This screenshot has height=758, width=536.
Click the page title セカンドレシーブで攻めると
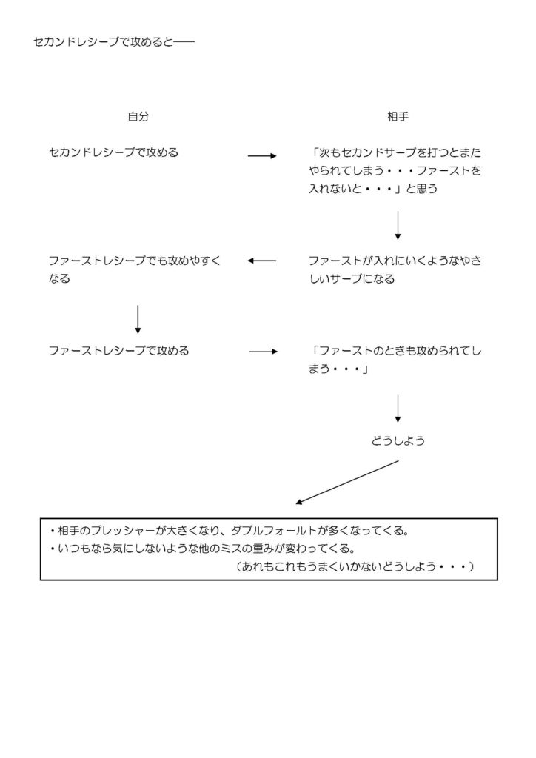point(113,43)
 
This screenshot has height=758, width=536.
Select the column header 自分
point(138,116)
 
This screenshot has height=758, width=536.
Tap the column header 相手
point(398,116)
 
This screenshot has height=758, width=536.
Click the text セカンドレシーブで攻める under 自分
point(113,153)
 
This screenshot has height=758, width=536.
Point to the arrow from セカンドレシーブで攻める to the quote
point(261,156)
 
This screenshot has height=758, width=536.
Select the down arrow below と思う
point(398,225)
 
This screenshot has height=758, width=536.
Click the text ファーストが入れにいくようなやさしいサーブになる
point(395,270)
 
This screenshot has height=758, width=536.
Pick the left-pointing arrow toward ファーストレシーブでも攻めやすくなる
point(261,261)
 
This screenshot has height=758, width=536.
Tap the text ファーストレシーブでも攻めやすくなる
point(134,270)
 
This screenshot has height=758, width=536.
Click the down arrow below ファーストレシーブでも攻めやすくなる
point(138,318)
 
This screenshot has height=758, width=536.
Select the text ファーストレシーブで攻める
point(118,351)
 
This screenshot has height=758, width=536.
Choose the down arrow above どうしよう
point(398,408)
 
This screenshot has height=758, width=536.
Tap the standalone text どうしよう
point(398,441)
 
